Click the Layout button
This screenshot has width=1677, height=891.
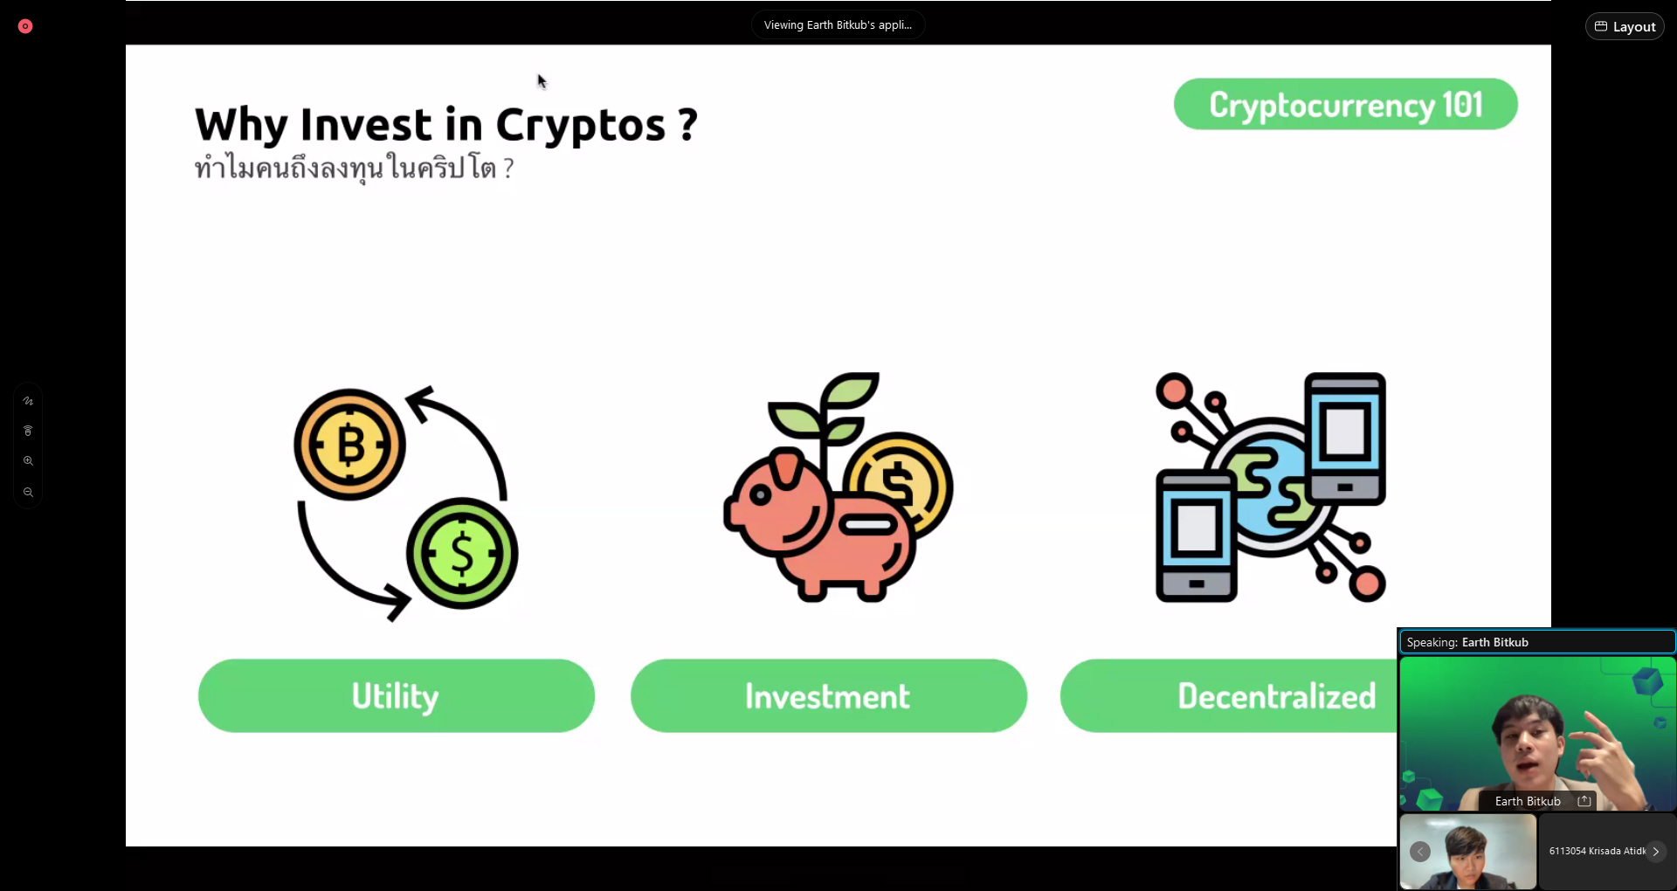[1625, 26]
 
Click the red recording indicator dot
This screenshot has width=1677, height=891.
[25, 26]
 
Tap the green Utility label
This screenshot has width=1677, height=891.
[397, 695]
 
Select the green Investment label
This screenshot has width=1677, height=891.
[828, 695]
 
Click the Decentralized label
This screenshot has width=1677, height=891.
[1276, 696]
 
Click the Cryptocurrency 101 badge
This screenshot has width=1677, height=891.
[1345, 104]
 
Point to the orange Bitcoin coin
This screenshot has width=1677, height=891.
[349, 445]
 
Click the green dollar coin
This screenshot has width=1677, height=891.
[462, 553]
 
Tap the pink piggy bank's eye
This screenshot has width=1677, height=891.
[761, 495]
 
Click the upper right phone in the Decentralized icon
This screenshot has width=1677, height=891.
[1345, 439]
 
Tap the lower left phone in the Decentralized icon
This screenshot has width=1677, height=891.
[1196, 535]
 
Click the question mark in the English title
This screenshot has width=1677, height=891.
[688, 124]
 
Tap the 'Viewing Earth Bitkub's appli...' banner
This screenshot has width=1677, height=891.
[838, 24]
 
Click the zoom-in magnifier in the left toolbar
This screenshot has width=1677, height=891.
[28, 460]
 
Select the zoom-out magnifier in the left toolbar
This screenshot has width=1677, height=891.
[28, 492]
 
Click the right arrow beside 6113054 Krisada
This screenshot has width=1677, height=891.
[1655, 851]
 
